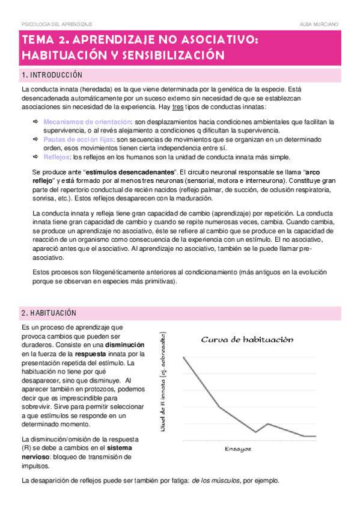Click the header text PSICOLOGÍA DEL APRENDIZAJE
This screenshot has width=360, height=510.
pos(57,23)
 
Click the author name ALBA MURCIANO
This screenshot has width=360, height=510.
pos(319,23)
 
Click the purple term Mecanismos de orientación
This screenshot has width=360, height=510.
pos(88,121)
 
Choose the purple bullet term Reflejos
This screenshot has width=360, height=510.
pos(56,156)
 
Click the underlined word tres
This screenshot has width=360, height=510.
pos(178,106)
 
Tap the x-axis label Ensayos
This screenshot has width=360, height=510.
pos(238,449)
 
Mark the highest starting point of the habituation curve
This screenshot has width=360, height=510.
pos(183,357)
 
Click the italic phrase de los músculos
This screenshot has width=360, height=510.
pos(216,481)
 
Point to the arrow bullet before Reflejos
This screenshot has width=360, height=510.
pos(35,156)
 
